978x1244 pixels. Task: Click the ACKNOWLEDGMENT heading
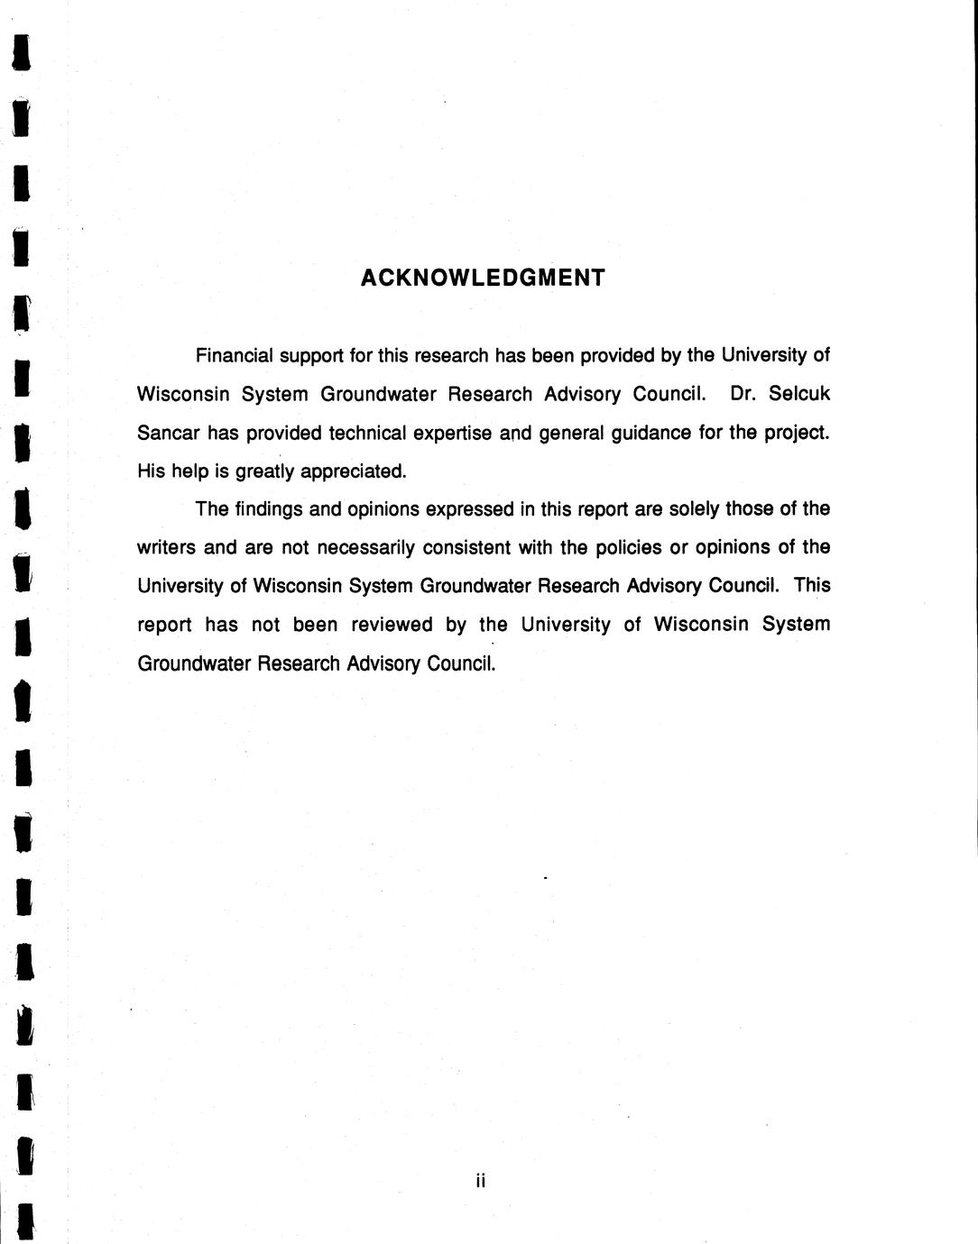483,278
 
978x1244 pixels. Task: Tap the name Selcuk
799,394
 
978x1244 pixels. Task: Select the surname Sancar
167,433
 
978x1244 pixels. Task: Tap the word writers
167,548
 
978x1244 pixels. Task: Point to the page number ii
481,1180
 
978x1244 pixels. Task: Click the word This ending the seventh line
812,586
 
